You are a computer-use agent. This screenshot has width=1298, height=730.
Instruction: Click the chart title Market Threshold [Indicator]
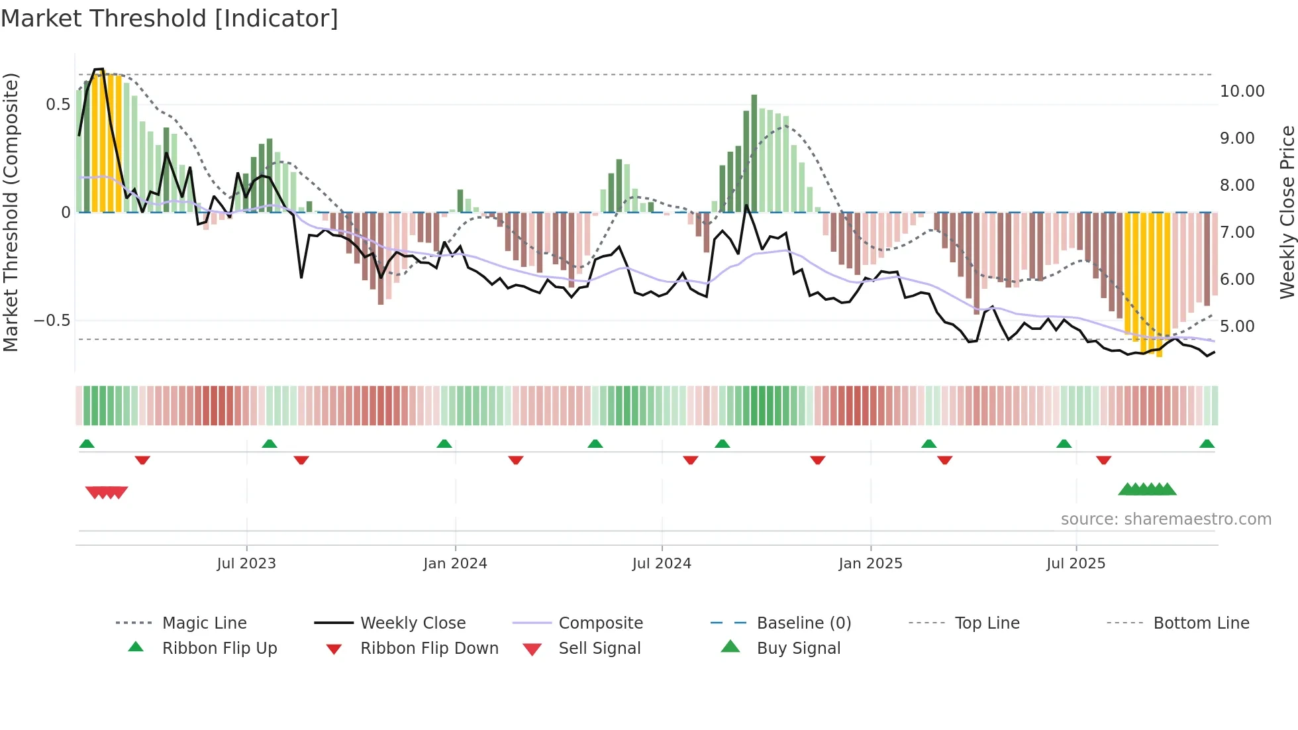[170, 19]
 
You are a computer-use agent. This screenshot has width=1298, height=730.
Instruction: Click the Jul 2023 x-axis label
[246, 564]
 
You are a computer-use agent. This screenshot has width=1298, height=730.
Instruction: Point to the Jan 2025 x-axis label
[870, 564]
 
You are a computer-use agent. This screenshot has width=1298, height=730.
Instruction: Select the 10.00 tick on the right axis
[1242, 91]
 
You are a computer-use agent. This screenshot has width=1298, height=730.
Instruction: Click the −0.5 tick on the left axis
[52, 321]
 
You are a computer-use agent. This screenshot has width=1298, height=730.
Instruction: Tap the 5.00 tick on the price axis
[1237, 327]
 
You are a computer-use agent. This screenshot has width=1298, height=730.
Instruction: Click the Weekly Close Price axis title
[1287, 212]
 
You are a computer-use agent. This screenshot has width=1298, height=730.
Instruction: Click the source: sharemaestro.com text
[1166, 519]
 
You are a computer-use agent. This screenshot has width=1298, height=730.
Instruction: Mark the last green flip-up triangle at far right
[1207, 444]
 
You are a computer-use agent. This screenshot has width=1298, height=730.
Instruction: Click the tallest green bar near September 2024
[754, 152]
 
